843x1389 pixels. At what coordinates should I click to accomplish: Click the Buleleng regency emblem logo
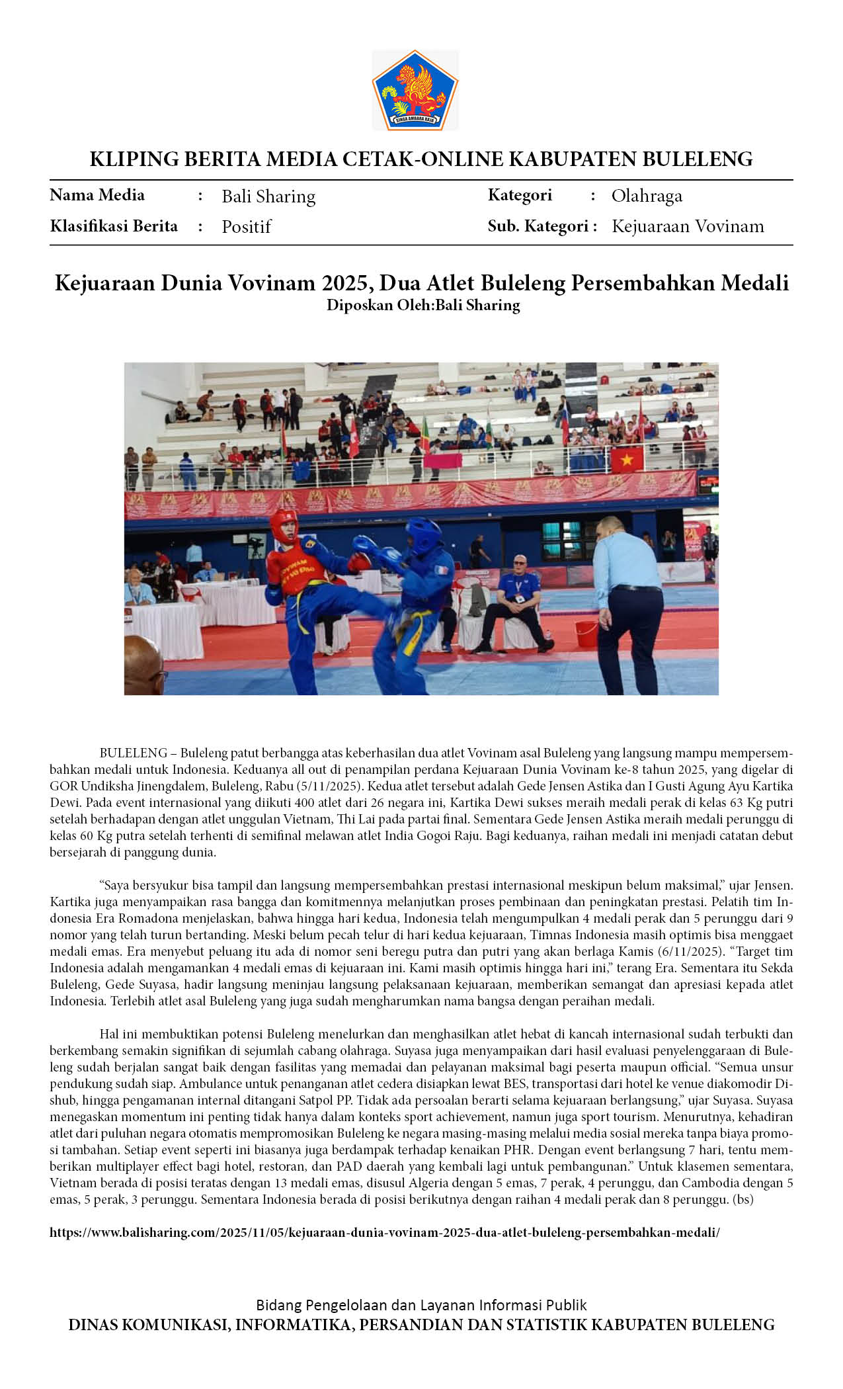click(415, 90)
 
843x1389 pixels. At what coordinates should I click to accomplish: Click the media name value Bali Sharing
click(268, 196)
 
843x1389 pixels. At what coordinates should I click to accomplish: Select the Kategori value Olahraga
click(647, 196)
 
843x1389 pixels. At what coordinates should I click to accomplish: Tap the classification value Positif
click(246, 227)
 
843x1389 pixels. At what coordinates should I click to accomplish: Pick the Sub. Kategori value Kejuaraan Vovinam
click(688, 226)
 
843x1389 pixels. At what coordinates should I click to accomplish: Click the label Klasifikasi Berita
click(114, 226)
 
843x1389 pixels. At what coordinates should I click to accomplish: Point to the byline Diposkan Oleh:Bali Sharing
click(423, 305)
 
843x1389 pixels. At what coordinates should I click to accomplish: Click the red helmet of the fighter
click(284, 525)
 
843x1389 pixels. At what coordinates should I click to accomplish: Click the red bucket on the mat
click(587, 634)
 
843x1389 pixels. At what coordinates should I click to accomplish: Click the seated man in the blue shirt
click(517, 599)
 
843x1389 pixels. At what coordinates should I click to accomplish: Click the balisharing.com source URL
click(384, 1233)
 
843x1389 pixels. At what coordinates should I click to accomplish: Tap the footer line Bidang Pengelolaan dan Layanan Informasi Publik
click(421, 1305)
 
